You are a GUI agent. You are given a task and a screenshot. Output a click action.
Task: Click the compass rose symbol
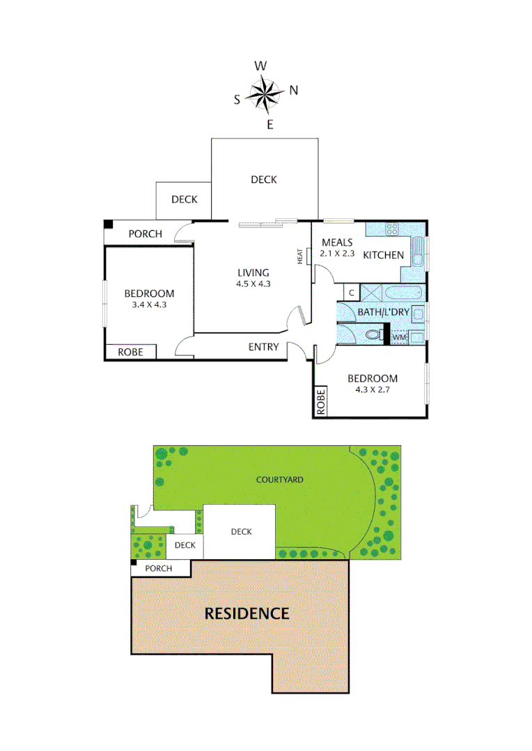(265, 95)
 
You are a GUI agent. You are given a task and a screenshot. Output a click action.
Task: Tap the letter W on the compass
(260, 66)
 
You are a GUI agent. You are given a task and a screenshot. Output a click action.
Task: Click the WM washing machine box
(399, 337)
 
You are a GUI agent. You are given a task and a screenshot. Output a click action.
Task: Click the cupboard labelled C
(352, 293)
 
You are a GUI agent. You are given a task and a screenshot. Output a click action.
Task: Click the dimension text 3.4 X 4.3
(149, 305)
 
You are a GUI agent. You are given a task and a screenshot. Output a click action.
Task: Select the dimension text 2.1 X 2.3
(337, 254)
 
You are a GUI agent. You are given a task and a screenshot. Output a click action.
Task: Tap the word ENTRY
(263, 347)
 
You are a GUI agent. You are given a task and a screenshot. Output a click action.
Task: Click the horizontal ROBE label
(130, 353)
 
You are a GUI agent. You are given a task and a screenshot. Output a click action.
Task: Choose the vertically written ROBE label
(321, 402)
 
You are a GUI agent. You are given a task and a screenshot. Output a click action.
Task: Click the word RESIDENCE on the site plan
(246, 613)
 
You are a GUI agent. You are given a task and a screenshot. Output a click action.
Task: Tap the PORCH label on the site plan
(158, 569)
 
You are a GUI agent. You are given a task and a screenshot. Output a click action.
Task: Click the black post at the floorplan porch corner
(108, 224)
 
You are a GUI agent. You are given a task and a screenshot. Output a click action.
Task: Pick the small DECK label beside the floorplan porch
(185, 200)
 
